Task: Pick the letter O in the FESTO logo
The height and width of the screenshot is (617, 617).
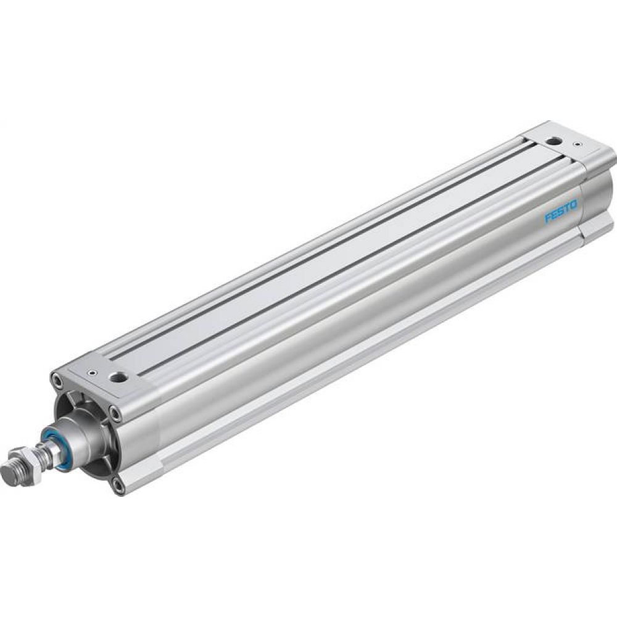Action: click(574, 205)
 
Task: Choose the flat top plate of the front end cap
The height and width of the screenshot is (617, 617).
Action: click(102, 376)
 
